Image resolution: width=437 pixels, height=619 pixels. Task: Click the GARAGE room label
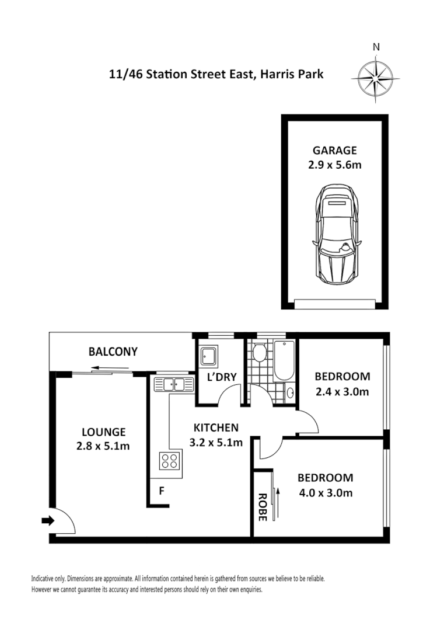(334, 151)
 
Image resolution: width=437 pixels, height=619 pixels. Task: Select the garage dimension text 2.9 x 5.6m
(334, 165)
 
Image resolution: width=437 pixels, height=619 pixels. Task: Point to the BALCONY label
(113, 352)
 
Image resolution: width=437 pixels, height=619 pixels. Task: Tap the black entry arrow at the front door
(47, 520)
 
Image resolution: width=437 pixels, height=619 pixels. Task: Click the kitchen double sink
(174, 384)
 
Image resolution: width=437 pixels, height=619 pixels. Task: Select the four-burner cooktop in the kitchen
(170, 461)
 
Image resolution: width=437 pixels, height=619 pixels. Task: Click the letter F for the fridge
(162, 492)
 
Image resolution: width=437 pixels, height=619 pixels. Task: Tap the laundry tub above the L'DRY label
(208, 357)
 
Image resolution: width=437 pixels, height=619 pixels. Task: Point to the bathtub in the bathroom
(285, 360)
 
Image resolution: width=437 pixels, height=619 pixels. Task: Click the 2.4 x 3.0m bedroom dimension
(342, 391)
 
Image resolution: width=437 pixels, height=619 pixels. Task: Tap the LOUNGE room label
(103, 432)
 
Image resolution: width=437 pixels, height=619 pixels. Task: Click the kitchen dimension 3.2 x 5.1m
(216, 442)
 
